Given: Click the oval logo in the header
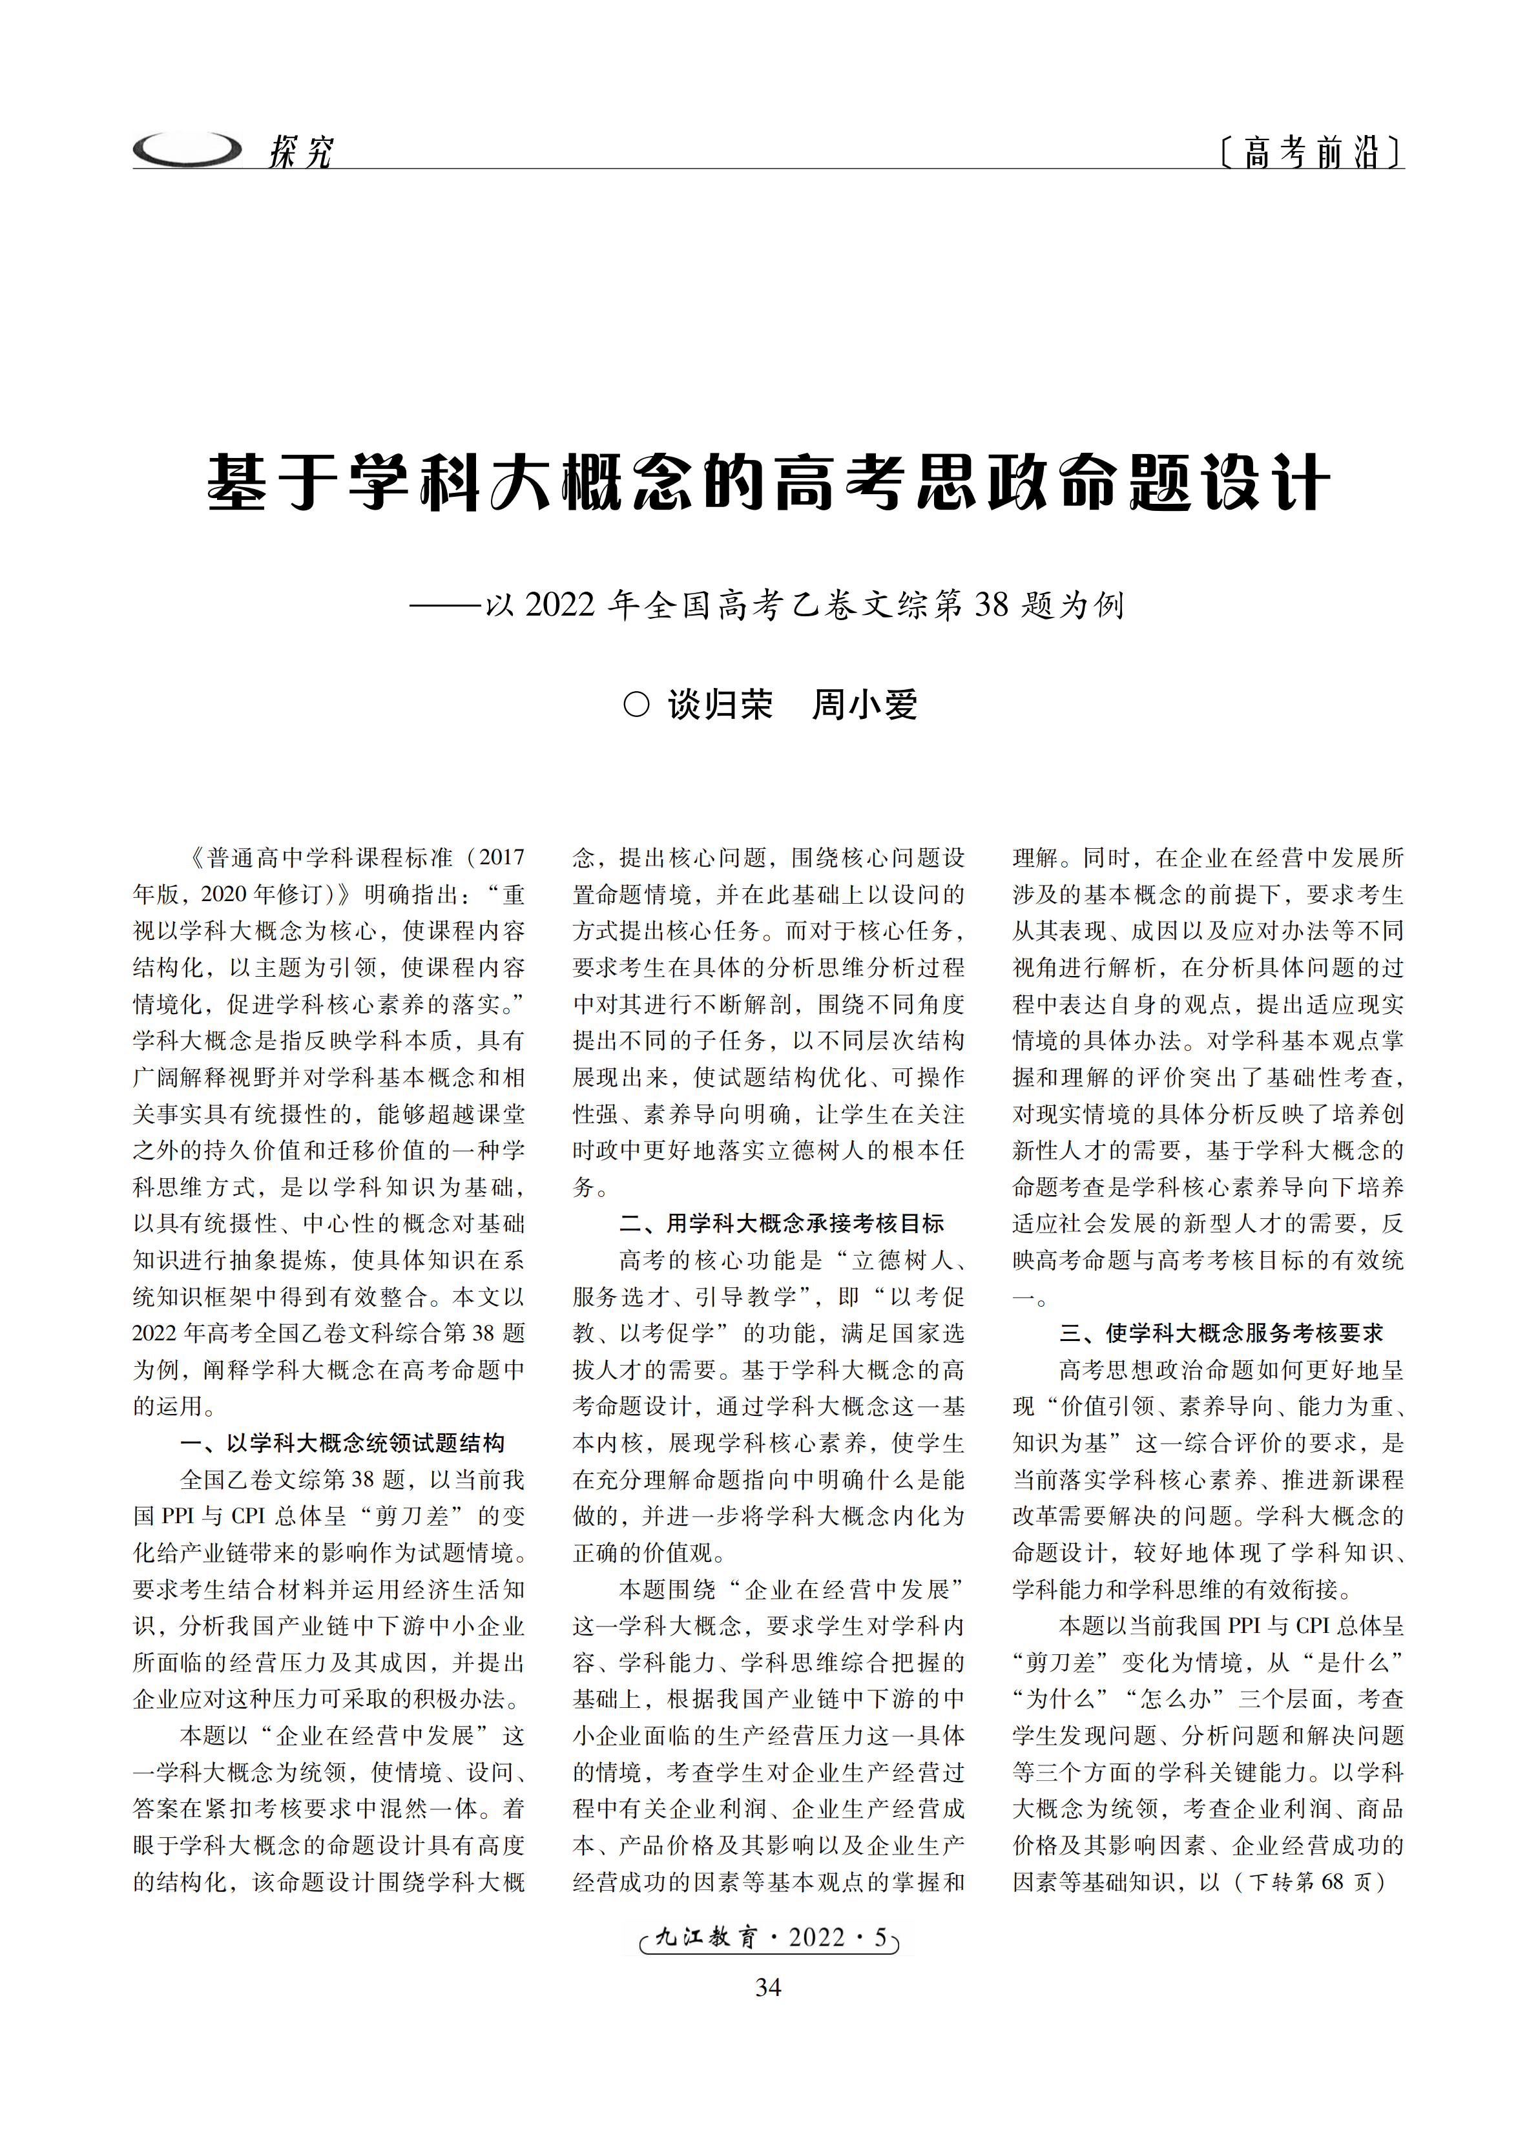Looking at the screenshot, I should click(x=187, y=149).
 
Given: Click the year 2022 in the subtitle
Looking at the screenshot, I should click(x=560, y=604).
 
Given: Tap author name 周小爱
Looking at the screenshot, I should click(x=864, y=705).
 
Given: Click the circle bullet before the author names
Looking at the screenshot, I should click(x=636, y=705).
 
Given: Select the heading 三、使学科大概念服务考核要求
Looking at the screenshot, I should click(x=1221, y=1333).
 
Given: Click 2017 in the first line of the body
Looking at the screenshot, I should click(x=502, y=858).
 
